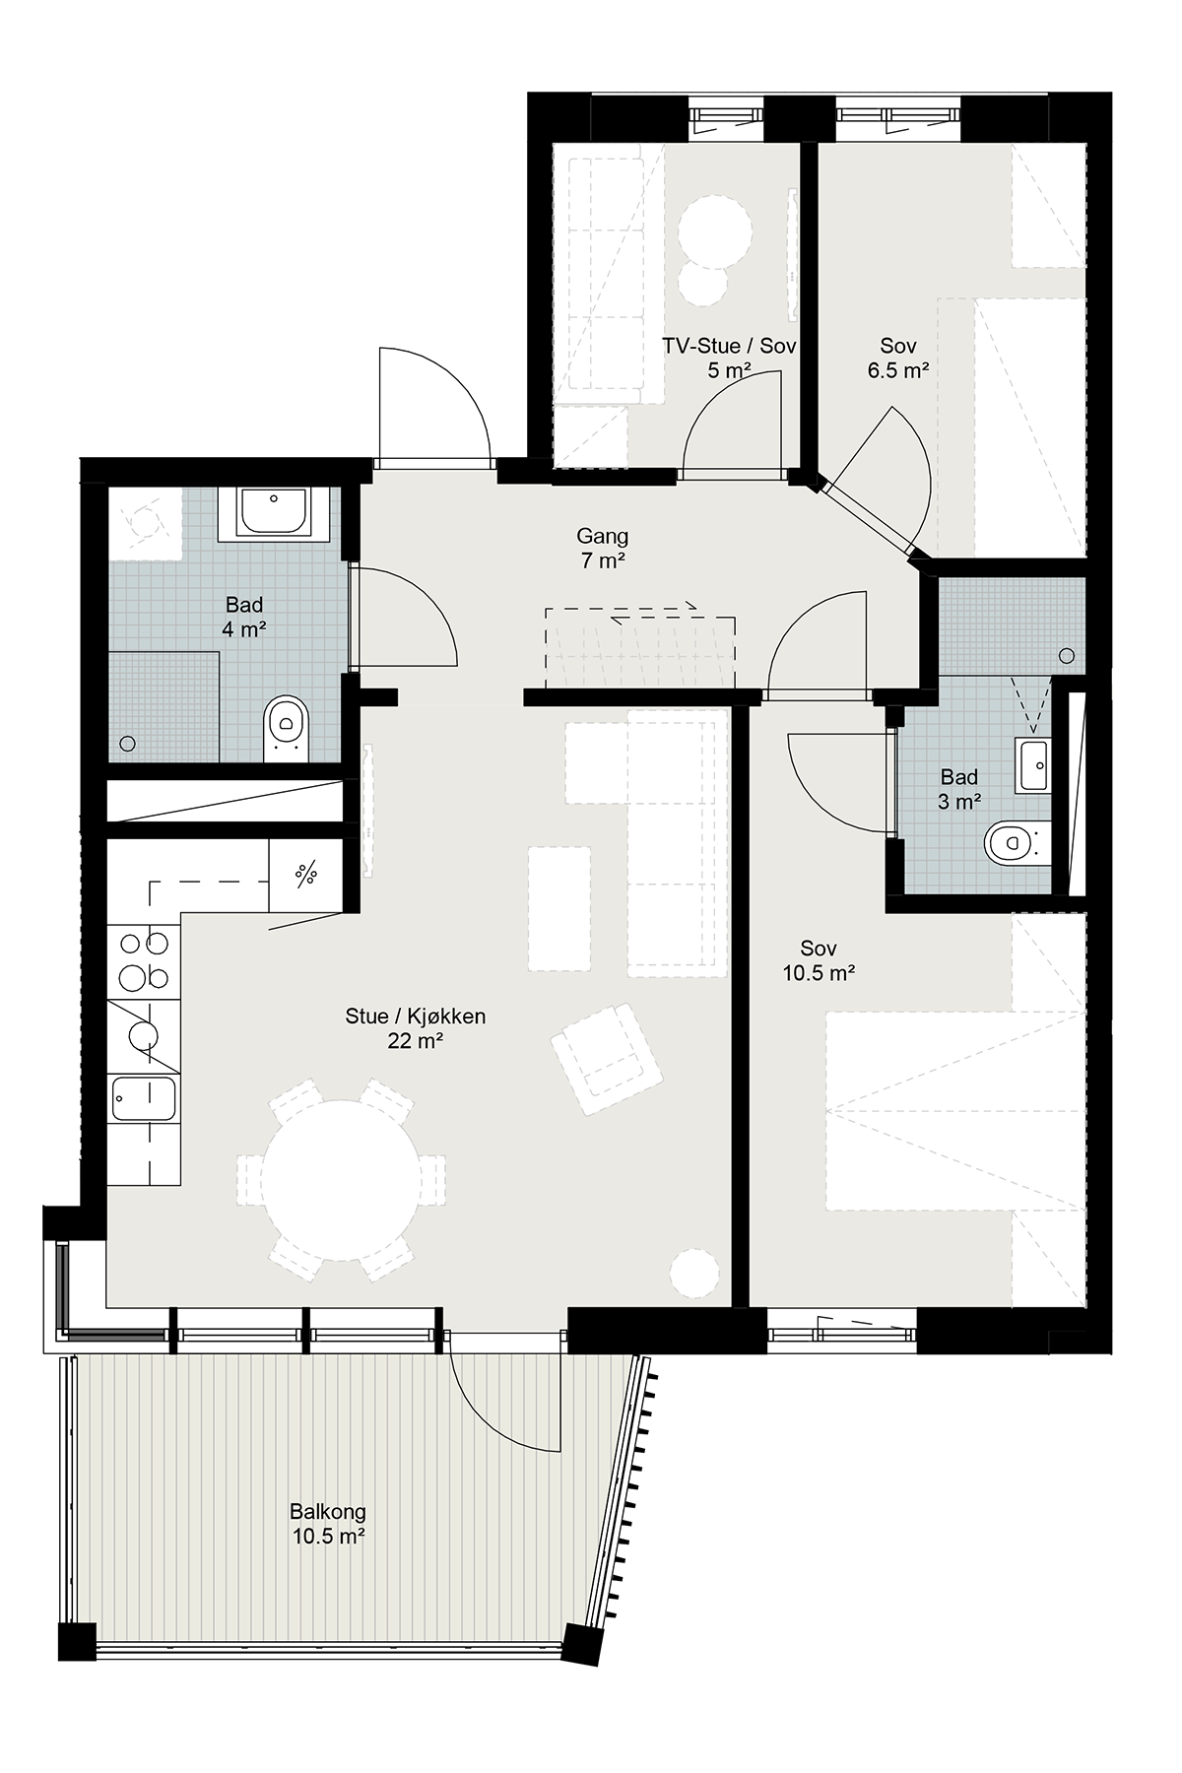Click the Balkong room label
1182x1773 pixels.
328,1523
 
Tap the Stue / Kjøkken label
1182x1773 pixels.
415,1028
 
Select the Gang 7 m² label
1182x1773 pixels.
602,549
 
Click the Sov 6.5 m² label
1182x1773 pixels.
898,359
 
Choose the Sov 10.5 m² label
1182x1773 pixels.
819,960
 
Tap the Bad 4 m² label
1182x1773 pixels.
244,617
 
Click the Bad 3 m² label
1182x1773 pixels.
959,789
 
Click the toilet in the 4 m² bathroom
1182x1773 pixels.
286,728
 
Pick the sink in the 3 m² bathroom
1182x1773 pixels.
1035,765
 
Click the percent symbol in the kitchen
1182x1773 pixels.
306,873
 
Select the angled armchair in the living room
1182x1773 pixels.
607,1059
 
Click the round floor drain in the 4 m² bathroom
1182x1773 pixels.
127,745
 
